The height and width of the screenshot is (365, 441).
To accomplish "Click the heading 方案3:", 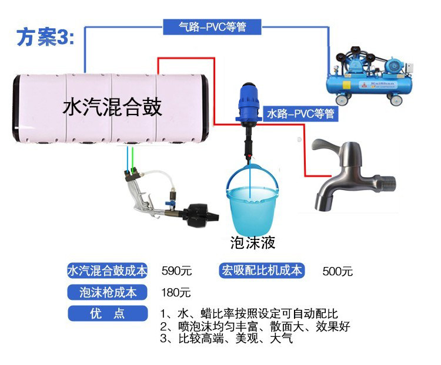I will [45, 37].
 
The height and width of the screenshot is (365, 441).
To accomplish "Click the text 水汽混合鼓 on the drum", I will [112, 107].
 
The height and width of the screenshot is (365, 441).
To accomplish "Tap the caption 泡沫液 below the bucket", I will [253, 242].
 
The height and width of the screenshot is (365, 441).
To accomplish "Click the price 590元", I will [176, 272].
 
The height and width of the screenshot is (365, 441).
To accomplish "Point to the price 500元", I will [338, 272].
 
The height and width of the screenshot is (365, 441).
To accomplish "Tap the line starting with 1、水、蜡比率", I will [249, 314].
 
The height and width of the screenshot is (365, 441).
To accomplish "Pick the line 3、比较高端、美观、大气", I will [226, 339].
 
